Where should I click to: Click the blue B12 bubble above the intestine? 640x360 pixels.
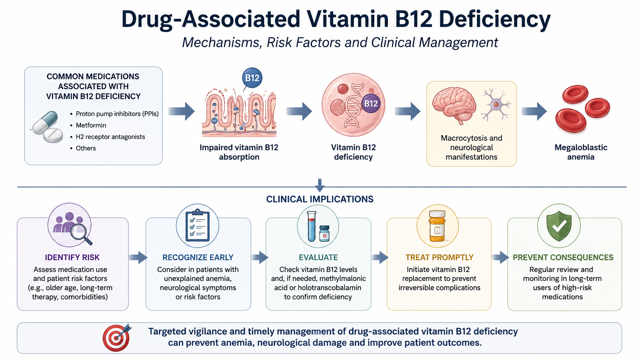[252, 78]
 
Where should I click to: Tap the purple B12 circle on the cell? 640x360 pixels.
[371, 103]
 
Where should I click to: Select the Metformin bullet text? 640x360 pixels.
[91, 125]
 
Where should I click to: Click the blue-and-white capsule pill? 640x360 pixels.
[46, 122]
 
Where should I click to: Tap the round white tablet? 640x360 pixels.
[53, 135]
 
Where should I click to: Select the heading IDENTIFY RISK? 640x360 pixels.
[72, 257]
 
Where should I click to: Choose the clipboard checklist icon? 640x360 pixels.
[198, 225]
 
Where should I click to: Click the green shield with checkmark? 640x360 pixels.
[559, 226]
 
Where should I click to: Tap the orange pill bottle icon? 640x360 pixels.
[437, 226]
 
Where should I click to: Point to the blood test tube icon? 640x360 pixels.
[312, 226]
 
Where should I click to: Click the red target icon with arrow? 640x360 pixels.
[117, 337]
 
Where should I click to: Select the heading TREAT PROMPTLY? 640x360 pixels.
[439, 257]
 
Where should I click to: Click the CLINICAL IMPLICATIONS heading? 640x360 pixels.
[320, 199]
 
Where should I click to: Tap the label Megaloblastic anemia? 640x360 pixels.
[581, 152]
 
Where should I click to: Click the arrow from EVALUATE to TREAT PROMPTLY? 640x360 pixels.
[380, 257]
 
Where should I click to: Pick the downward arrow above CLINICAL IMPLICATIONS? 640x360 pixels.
[320, 185]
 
